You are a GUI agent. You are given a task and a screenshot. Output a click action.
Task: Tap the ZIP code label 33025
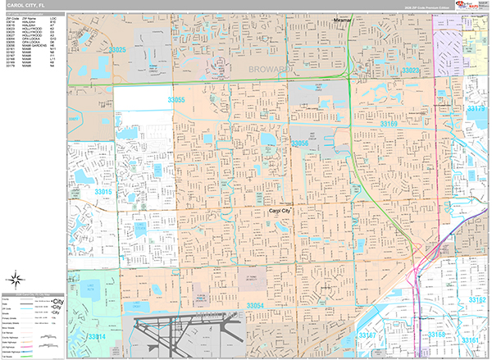[x=118, y=51]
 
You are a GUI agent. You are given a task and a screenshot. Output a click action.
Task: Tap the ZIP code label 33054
[x=255, y=306]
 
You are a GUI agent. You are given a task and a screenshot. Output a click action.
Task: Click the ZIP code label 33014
[x=97, y=337]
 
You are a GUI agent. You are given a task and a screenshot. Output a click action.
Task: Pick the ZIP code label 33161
[x=470, y=338]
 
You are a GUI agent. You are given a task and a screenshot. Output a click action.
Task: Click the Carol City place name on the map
[x=283, y=211]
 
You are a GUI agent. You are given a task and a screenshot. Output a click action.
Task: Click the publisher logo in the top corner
[x=469, y=6]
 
